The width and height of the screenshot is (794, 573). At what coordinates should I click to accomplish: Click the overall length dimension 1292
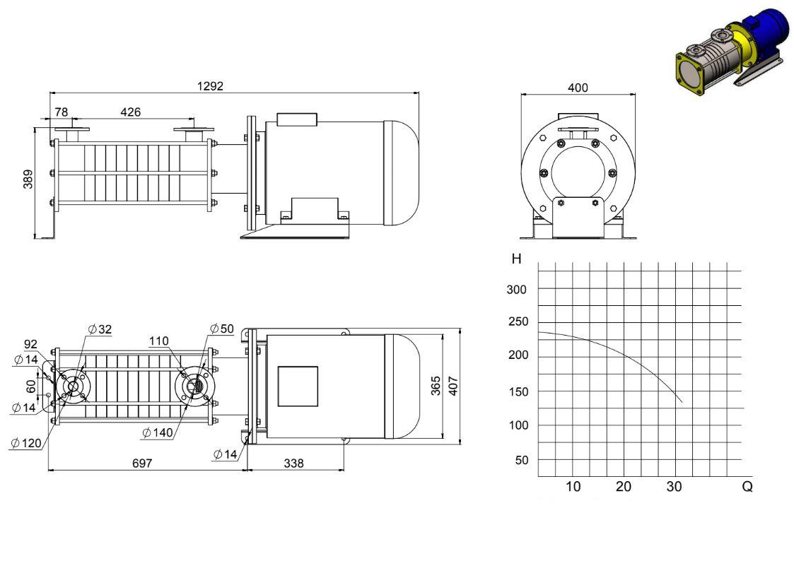210,86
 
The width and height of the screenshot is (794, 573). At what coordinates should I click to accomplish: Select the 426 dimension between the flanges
131,112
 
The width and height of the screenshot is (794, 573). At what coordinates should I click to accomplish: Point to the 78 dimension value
62,112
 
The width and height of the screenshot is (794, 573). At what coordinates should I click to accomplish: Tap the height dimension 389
28,179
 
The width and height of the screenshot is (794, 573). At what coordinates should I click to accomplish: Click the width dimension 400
578,88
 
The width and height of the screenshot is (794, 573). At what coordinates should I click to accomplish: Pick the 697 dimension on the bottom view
142,463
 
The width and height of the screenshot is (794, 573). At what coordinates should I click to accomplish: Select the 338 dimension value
293,463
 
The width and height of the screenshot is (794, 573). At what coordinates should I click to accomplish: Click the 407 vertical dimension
453,386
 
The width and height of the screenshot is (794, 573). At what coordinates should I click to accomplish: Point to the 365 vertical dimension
436,386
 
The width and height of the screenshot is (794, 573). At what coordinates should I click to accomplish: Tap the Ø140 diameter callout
158,433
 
